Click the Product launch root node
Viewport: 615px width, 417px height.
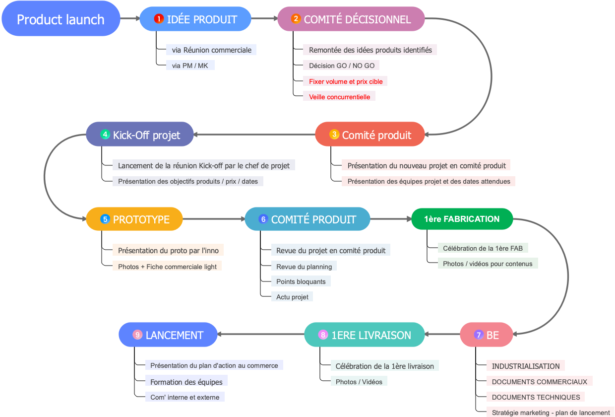[61, 19]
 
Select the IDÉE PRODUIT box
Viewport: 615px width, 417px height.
[195, 19]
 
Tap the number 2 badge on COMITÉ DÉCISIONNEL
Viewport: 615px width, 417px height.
[296, 19]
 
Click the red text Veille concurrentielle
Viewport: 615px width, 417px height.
[339, 97]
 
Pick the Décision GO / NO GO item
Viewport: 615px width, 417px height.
[341, 66]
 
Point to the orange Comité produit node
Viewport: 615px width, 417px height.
[370, 135]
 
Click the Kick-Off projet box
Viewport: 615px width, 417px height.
[140, 135]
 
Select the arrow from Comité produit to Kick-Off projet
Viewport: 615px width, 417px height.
[254, 135]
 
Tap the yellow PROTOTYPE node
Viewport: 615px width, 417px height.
[134, 219]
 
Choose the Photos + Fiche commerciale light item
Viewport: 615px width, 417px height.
[167, 267]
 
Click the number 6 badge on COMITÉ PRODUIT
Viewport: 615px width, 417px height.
[263, 219]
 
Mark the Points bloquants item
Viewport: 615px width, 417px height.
[301, 281]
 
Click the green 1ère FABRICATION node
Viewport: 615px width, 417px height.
[462, 219]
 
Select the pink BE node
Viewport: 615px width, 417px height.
[486, 335]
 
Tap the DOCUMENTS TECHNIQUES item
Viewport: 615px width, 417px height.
[536, 397]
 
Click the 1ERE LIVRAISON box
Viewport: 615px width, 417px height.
[365, 335]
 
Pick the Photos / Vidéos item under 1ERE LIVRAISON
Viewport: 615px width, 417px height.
[359, 382]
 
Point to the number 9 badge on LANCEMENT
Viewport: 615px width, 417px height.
[137, 335]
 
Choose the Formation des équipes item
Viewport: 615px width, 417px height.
[186, 382]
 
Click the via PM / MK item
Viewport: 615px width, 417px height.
[190, 66]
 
